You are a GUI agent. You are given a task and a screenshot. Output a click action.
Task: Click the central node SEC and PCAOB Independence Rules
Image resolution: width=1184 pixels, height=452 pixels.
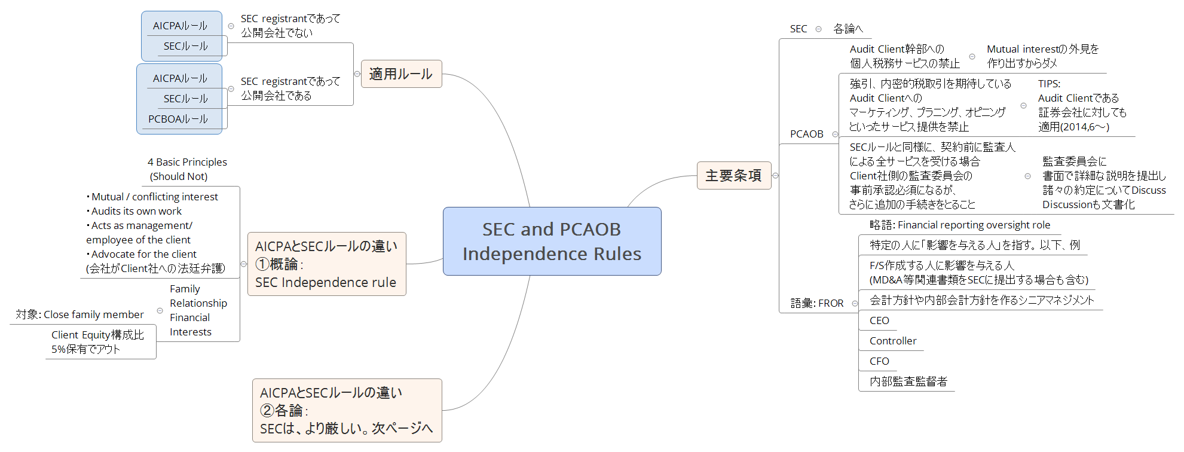tap(552, 242)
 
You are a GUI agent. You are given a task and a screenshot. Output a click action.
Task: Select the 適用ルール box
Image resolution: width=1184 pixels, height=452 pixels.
tap(401, 74)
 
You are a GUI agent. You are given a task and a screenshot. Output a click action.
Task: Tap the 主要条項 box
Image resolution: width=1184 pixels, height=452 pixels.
tap(733, 176)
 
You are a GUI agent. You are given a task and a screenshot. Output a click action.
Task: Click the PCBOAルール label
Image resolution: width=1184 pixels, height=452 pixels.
tap(178, 119)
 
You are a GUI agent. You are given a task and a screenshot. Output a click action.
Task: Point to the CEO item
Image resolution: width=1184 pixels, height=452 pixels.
tap(879, 320)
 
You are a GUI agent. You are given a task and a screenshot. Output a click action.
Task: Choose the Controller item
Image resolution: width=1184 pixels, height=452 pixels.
tap(892, 341)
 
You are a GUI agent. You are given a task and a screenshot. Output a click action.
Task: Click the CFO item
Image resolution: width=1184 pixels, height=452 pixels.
tap(879, 361)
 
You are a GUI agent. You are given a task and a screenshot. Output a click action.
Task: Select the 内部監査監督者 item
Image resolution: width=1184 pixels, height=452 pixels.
tap(908, 381)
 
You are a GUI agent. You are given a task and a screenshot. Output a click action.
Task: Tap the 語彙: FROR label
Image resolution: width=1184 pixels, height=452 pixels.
tap(816, 303)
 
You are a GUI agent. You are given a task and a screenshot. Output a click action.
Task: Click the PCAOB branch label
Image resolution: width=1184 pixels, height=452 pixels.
tap(806, 134)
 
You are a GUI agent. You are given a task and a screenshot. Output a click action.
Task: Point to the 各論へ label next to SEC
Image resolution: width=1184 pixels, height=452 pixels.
tap(848, 29)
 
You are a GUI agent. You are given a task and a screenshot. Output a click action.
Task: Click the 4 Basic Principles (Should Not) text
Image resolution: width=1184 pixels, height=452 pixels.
tap(186, 169)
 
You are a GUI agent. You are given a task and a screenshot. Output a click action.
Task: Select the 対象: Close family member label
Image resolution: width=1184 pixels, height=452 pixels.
tap(79, 314)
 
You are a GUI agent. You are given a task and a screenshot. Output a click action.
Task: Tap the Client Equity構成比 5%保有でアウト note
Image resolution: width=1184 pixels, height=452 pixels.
tap(97, 342)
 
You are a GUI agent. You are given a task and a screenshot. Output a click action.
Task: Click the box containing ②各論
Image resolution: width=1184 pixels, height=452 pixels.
tap(347, 411)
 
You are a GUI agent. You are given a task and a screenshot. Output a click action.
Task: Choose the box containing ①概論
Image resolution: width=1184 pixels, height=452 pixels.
tap(326, 264)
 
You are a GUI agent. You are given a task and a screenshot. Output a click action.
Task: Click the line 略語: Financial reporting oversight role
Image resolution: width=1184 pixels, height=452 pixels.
tap(959, 225)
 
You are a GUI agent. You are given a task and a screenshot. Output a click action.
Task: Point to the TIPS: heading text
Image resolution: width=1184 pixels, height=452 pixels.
tap(1049, 84)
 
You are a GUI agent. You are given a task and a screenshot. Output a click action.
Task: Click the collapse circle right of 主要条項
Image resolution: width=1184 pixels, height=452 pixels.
tap(775, 176)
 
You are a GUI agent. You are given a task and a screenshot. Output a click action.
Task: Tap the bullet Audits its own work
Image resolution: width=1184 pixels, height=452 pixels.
tap(136, 211)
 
